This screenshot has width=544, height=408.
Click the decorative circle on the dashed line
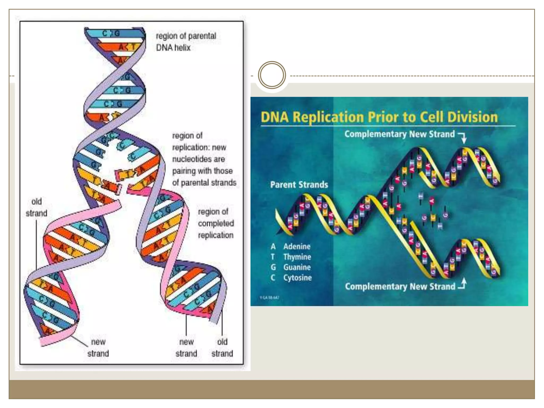click(x=272, y=75)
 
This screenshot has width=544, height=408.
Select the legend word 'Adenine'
click(x=297, y=246)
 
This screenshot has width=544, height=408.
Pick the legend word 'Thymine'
click(x=297, y=257)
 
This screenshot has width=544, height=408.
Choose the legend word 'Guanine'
click(x=297, y=267)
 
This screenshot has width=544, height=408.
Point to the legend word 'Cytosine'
click(x=297, y=278)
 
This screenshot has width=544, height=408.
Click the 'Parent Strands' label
click(x=299, y=185)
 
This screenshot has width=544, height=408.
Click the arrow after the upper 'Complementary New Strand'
click(x=463, y=137)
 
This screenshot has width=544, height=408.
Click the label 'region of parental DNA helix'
click(x=186, y=42)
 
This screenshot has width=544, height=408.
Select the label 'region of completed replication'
click(x=216, y=223)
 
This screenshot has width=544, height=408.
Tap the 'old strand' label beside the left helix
click(x=36, y=207)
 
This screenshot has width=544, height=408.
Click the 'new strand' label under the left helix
click(x=98, y=347)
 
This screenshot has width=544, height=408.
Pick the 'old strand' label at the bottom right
click(x=222, y=347)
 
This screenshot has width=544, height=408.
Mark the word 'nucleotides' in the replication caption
click(x=198, y=159)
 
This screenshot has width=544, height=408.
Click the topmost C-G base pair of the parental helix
click(x=112, y=33)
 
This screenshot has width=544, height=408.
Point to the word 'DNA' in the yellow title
click(x=275, y=117)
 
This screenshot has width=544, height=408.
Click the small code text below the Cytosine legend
click(x=269, y=298)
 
